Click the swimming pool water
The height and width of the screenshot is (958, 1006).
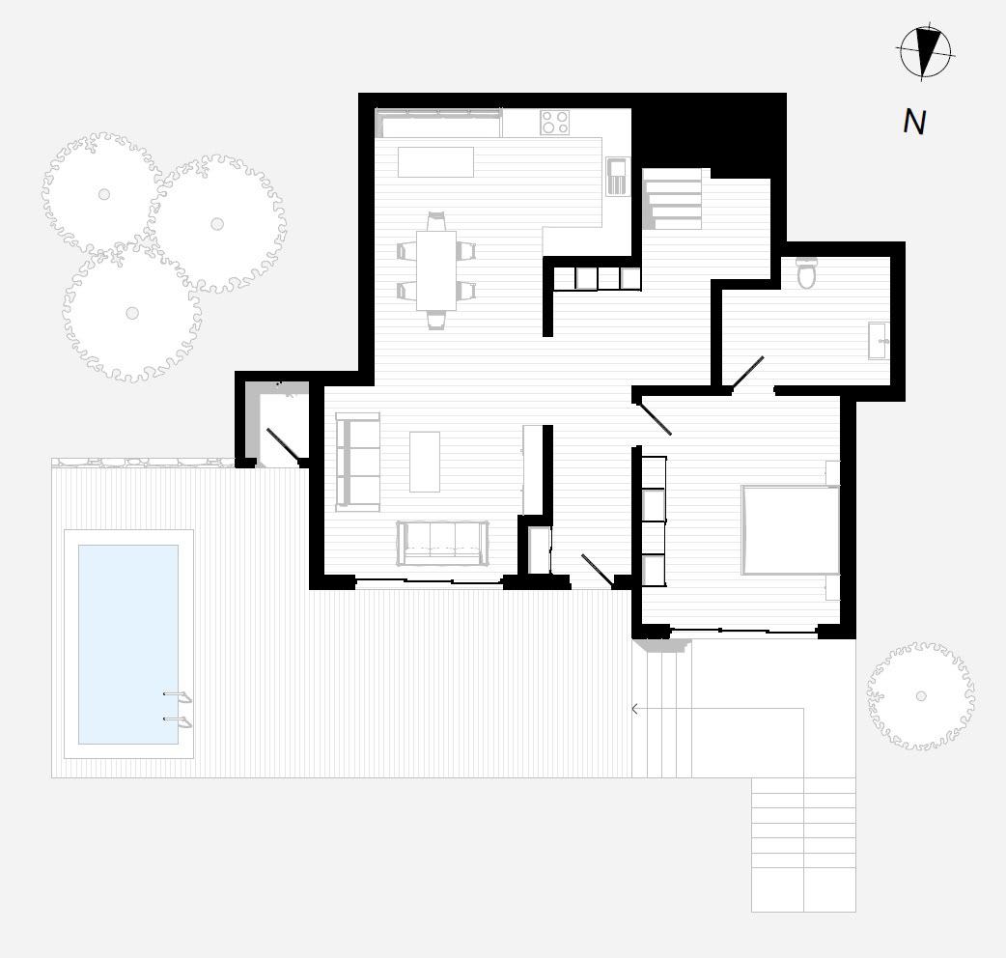[x=127, y=643]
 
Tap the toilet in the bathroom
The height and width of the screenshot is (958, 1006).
[x=807, y=274]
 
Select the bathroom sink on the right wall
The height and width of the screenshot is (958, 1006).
[x=878, y=341]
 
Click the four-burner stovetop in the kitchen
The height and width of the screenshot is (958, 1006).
[x=554, y=123]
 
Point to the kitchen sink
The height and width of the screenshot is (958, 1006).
[x=616, y=176]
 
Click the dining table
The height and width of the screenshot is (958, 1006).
[x=436, y=269]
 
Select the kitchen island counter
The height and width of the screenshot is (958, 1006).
[x=435, y=161]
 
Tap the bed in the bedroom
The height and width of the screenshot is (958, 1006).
[x=790, y=529]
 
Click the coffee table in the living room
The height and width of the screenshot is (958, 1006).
[x=425, y=461]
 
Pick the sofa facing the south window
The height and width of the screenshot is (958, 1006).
[x=441, y=543]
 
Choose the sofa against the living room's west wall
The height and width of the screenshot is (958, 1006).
[x=356, y=461]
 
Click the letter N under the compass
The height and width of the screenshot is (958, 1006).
[x=913, y=122]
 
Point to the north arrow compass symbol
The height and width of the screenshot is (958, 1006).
[x=926, y=51]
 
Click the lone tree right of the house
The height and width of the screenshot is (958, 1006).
[x=920, y=695]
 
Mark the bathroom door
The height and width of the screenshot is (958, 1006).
[x=747, y=374]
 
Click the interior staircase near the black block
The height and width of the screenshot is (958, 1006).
[x=673, y=198]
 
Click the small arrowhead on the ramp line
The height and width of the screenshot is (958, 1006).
[x=634, y=709]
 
